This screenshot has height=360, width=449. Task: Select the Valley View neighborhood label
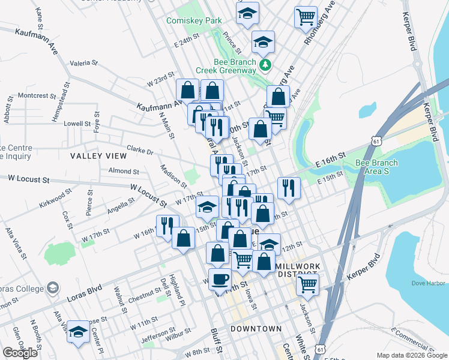pyautogui.click(x=98, y=156)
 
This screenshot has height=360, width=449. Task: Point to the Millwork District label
pyautogui.click(x=300, y=269)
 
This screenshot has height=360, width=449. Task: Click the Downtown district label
pyautogui.click(x=256, y=329)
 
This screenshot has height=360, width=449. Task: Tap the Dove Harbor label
pyautogui.click(x=427, y=283)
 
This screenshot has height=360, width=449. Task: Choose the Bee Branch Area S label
pyautogui.click(x=376, y=167)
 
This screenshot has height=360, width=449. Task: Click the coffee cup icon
pyautogui.click(x=220, y=279)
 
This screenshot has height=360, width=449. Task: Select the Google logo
pyautogui.click(x=20, y=353)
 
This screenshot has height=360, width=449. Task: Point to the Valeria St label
pyautogui.click(x=84, y=62)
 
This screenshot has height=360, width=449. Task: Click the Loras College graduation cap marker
pyautogui.click(x=53, y=289)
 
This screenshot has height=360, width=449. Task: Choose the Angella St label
pyautogui.click(x=121, y=206)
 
